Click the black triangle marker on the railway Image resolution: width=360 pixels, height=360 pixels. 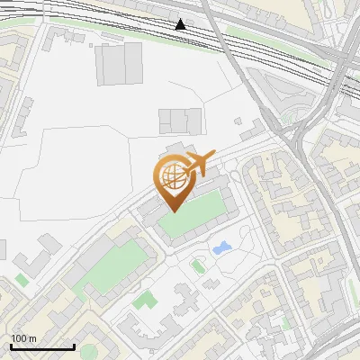tap(182, 24)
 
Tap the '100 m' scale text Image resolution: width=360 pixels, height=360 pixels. tap(24, 337)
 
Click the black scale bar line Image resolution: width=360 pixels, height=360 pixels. tap(42, 346)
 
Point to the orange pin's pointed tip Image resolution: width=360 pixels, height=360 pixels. tap(173, 210)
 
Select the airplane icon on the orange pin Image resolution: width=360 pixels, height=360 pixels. tap(197, 165)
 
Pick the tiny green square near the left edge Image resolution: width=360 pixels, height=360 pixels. tap(22, 280)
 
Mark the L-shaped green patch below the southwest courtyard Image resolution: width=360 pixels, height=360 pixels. tap(141, 300)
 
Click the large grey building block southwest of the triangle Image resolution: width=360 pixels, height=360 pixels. tap(120, 63)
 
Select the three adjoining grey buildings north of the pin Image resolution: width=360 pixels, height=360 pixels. tap(180, 120)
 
